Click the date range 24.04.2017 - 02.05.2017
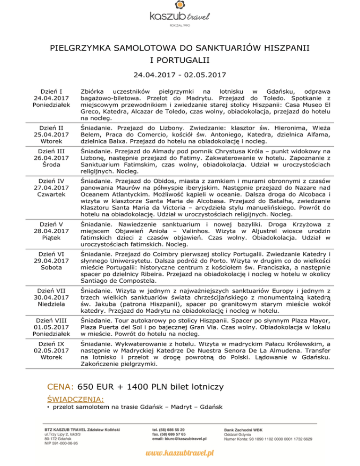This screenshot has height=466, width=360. click(180, 75)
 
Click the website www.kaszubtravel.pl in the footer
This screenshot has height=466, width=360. click(180, 453)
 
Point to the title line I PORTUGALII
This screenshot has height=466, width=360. click(180, 60)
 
